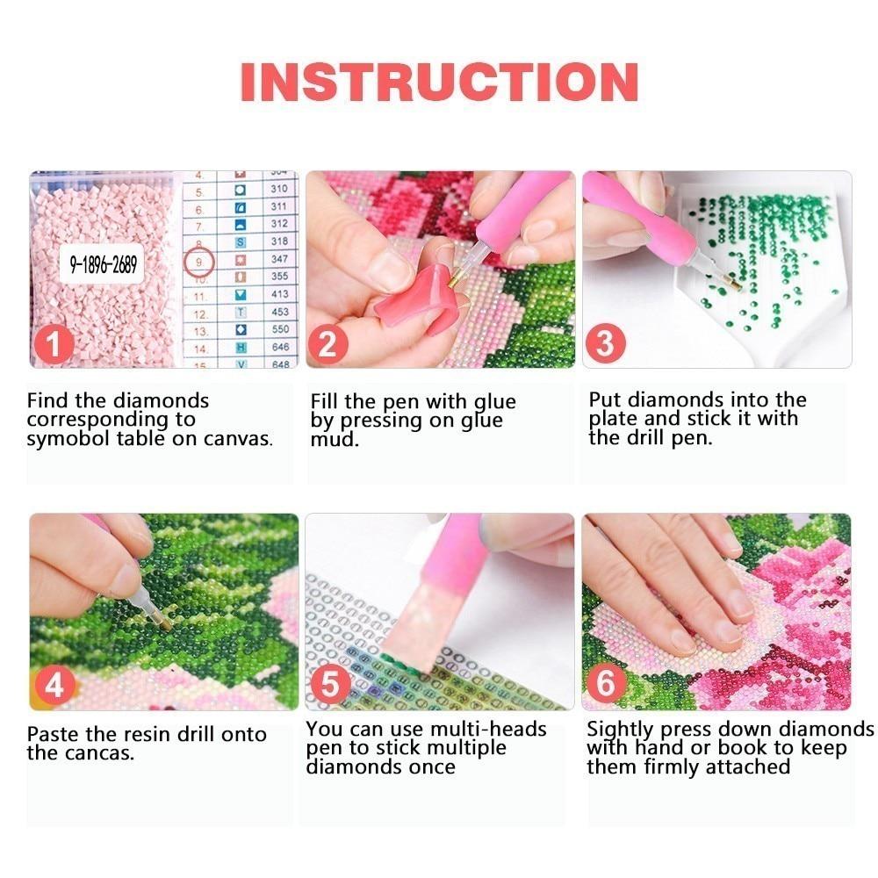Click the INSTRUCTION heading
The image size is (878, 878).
coord(440,82)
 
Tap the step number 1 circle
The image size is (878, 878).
coord(54,344)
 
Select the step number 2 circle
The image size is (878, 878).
coord(327,344)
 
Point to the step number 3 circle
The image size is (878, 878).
coord(605,342)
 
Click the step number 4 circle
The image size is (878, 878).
coord(54,686)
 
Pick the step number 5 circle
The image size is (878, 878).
coord(330,684)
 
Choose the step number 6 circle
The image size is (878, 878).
coord(605,683)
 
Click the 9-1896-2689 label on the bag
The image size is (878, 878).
coord(103,263)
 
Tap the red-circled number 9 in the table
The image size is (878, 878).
coord(198,262)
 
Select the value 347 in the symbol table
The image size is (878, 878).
coord(279,259)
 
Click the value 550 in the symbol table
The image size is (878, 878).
coord(280,329)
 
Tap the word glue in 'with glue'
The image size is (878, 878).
coord(495,403)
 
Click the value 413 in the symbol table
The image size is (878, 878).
coord(280,294)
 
